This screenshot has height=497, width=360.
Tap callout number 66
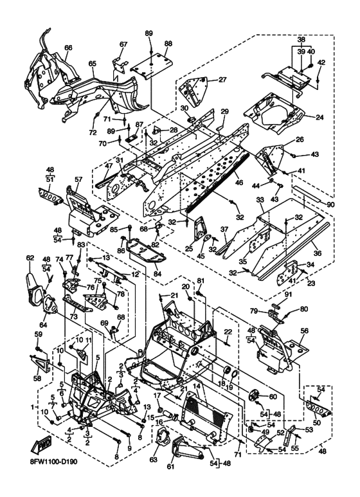point(68,48)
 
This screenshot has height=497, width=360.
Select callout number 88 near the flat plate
point(168,44)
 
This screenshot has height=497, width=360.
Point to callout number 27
point(223,80)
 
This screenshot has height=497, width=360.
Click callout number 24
point(319,117)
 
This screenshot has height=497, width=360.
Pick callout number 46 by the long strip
point(239,183)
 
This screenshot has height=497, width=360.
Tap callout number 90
point(330,205)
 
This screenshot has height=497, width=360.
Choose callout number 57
point(78,180)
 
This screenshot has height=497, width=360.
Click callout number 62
point(30,258)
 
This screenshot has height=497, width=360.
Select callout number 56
point(304,330)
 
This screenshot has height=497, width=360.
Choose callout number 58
point(37,379)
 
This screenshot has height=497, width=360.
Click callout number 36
point(317,253)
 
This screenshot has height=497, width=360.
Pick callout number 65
point(92,64)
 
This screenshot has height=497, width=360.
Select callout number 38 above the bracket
point(301,40)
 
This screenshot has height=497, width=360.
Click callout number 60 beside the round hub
point(273,396)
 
